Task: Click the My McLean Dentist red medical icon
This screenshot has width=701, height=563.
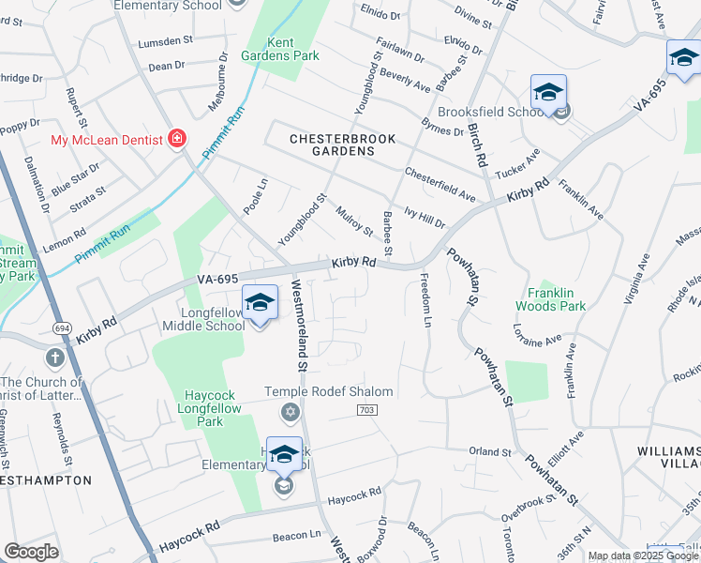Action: pos(175,140)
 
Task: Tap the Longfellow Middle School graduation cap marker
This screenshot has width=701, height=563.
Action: pos(260,302)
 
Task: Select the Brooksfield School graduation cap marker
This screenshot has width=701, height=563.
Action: pos(548,92)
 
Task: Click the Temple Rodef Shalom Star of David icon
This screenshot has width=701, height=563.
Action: pos(291,412)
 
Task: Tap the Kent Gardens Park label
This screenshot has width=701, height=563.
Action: pos(292,49)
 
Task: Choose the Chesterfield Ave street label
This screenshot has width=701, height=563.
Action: pos(440,185)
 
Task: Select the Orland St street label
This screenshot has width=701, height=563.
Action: pos(490,451)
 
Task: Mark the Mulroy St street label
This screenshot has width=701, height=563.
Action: pos(355,223)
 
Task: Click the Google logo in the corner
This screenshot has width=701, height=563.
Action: pos(31,552)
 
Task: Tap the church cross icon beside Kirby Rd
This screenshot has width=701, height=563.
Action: pos(55,358)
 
